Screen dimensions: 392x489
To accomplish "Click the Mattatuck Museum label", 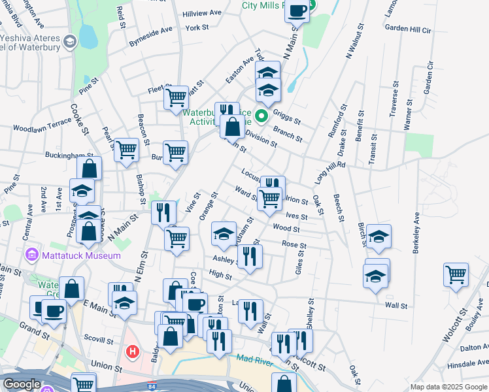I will tap(80, 255).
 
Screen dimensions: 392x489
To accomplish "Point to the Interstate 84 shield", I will tap(152, 386).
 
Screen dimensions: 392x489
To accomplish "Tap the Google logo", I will tap(22, 385).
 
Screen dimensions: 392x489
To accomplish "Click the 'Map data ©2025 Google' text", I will tap(448, 387).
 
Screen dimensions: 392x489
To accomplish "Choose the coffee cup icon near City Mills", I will tap(297, 11).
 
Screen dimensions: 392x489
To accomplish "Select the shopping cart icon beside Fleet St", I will tap(176, 97).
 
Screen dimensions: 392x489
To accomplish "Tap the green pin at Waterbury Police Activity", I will tap(261, 117).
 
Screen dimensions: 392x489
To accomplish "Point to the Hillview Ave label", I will tap(202, 13).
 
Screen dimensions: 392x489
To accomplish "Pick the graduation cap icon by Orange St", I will tap(224, 234).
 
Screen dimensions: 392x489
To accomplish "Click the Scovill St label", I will tap(99, 338).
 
